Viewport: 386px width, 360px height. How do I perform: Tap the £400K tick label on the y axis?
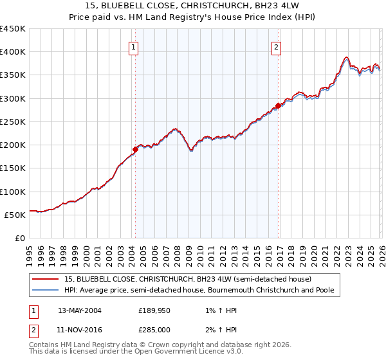coord(12,52)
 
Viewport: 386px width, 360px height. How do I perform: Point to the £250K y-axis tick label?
coord(12,122)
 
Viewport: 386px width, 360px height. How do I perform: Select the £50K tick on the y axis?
coord(15,215)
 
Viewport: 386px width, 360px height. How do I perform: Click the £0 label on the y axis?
coord(19,238)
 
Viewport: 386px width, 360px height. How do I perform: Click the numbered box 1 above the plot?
coord(133,46)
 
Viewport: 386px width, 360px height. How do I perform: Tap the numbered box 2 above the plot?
coord(276,46)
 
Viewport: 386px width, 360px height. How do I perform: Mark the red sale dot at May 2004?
coord(135,149)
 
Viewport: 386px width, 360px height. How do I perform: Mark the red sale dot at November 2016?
coord(278,105)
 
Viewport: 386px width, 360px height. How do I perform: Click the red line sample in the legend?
coord(46,280)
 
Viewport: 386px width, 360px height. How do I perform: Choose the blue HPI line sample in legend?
coord(46,291)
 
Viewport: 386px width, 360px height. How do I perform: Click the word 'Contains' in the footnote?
coord(46,345)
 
